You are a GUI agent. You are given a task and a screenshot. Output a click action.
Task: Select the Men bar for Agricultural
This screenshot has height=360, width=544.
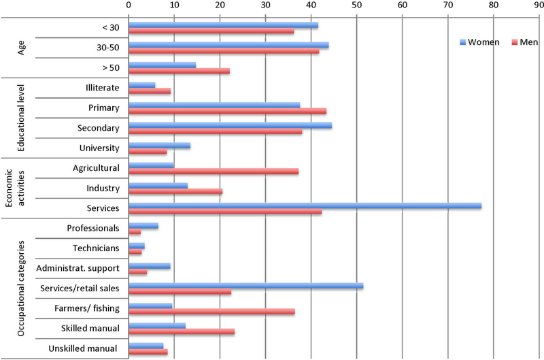[213, 171]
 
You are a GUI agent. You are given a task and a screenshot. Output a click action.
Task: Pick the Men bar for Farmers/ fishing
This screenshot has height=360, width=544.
[211, 311]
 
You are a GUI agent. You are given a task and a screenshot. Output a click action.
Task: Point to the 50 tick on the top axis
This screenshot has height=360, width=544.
[357, 5]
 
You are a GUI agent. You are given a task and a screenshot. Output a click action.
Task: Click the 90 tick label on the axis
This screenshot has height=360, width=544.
[539, 5]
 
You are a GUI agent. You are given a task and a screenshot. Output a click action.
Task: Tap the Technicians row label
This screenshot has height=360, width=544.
[97, 248]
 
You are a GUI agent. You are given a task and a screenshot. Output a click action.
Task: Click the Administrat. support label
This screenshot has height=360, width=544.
[78, 268]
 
